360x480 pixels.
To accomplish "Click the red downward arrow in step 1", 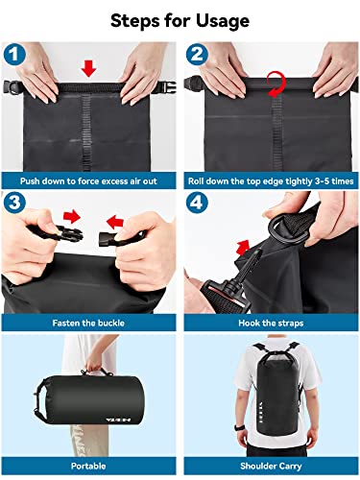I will pyautogui.click(x=89, y=67).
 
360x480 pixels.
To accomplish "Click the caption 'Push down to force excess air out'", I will pyautogui.click(x=90, y=180).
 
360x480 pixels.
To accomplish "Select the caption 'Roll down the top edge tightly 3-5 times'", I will pyautogui.click(x=269, y=180).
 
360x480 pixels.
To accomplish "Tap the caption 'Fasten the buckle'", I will pyautogui.click(x=90, y=324).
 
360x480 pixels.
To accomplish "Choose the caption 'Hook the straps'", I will pyautogui.click(x=269, y=324).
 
